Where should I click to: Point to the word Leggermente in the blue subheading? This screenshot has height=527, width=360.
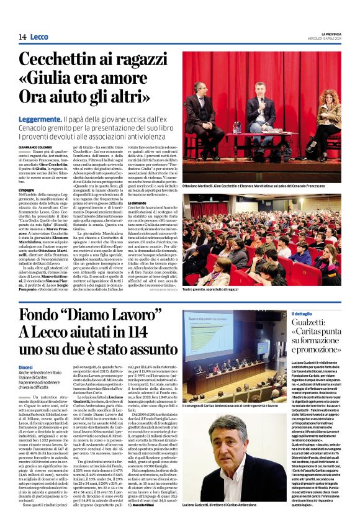[x=40, y=118]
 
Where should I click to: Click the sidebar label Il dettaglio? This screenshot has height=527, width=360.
[x=303, y=313]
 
